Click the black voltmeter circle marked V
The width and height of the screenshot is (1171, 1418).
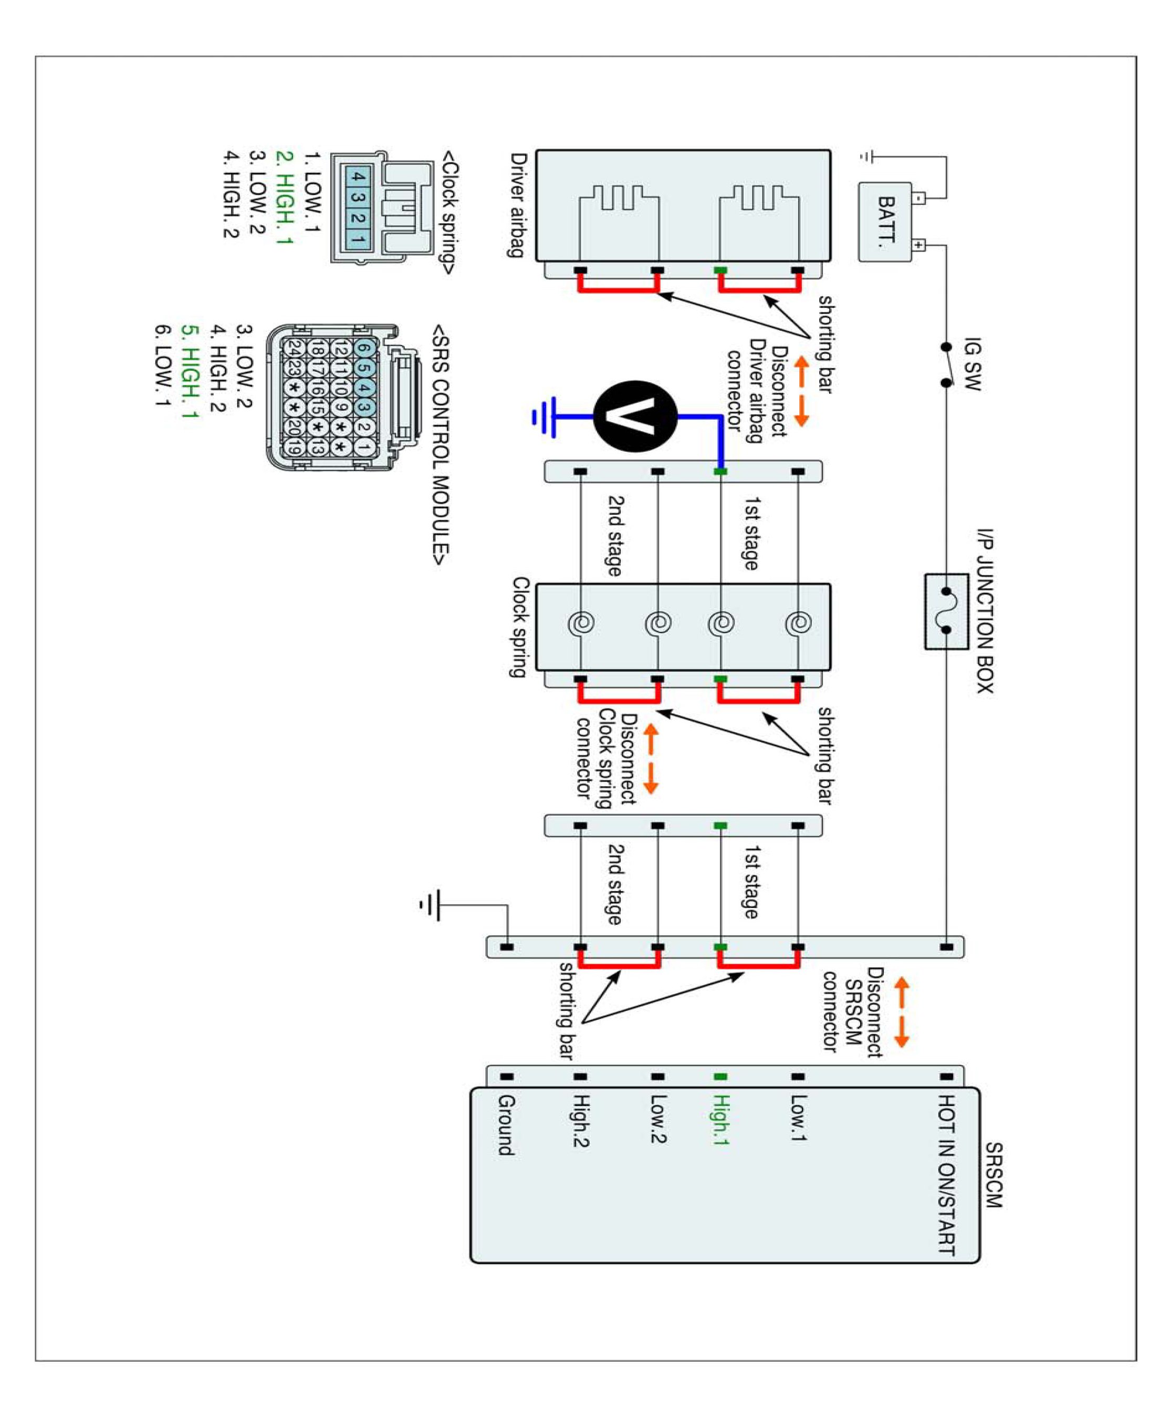[635, 416]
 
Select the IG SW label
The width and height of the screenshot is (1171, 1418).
[972, 364]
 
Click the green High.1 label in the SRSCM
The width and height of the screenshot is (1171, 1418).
[720, 1120]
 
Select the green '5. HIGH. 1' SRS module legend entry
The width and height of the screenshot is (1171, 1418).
[190, 372]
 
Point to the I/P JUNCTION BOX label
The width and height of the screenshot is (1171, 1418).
[985, 610]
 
